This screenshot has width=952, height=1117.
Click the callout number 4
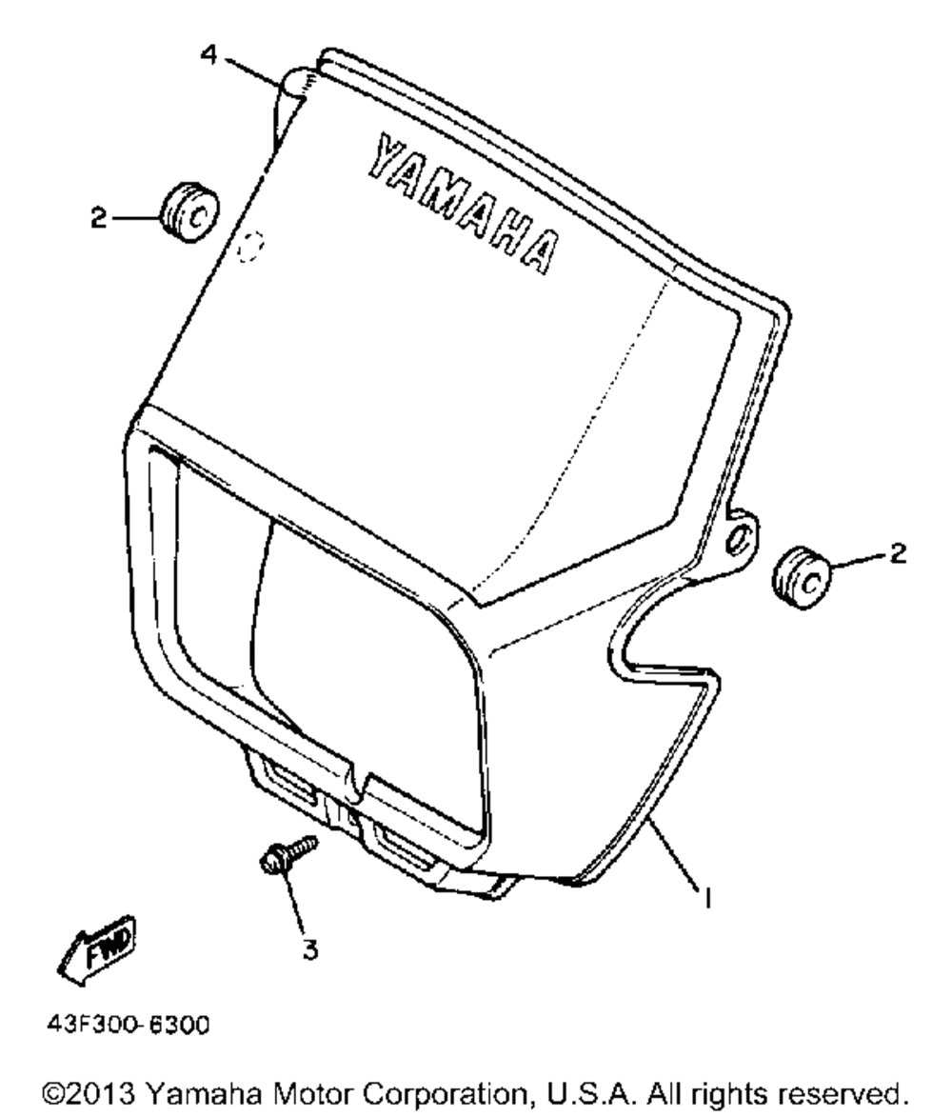pos(208,54)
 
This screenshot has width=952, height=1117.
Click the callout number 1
pos(707,898)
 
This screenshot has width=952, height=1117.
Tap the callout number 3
pos(309,948)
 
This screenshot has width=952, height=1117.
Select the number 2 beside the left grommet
pos(98,217)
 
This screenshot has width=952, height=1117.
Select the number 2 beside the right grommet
pos(899,553)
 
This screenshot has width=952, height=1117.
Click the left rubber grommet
pos(188,211)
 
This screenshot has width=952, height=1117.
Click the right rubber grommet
pos(801,578)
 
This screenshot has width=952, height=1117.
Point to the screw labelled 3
pos(288,854)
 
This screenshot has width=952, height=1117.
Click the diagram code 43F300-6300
pos(129,1026)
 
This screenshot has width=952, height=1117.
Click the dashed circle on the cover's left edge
pos(250,247)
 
